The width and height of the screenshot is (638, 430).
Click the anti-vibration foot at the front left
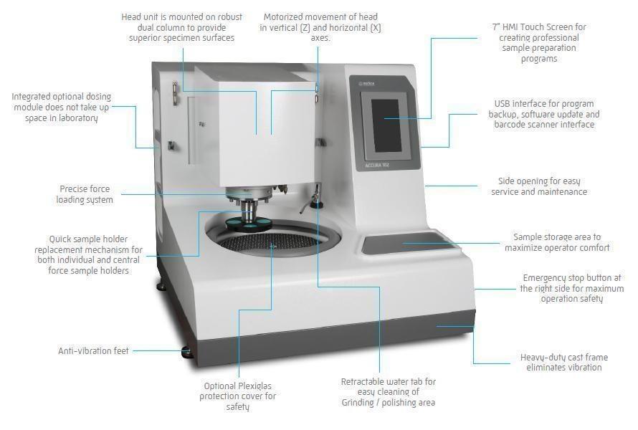pos(186,351)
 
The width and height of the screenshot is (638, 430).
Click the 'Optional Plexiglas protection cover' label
pos(238,396)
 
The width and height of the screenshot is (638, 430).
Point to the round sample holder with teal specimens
pos(247,223)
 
